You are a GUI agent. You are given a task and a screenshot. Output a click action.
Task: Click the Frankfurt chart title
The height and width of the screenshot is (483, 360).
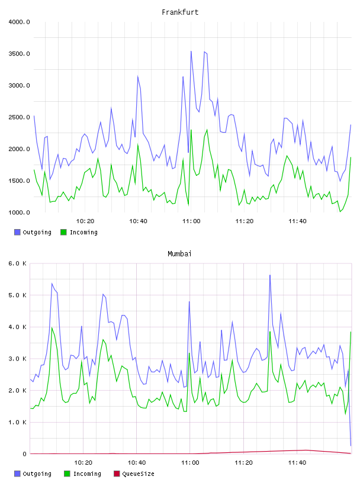tap(180, 12)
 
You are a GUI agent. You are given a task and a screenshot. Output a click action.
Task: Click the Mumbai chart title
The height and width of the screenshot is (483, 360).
tap(179, 254)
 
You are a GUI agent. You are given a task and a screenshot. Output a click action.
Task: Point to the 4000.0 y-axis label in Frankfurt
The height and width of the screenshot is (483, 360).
tap(19, 22)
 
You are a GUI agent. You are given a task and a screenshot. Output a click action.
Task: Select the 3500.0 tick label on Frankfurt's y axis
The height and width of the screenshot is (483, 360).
tap(19, 54)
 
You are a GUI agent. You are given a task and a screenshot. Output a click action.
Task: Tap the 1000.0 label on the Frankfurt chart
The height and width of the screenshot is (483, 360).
tap(19, 212)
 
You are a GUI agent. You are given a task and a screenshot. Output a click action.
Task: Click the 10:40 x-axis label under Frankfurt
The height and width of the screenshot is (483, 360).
tap(138, 221)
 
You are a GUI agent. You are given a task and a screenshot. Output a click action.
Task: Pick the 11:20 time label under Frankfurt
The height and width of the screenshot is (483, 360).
tap(245, 221)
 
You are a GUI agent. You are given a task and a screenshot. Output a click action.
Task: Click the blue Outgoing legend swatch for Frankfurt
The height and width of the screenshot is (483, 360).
tap(17, 232)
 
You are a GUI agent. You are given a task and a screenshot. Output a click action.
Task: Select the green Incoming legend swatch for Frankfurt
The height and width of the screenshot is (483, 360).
tap(63, 232)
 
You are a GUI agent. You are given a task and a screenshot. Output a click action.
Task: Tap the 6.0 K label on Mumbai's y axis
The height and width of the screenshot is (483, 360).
tap(17, 263)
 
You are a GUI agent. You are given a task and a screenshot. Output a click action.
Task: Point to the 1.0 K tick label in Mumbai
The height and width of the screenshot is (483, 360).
tap(17, 422)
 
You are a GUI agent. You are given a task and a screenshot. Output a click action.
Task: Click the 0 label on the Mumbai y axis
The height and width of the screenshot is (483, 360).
tap(24, 454)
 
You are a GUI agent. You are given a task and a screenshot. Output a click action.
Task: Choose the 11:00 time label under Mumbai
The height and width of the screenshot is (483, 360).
tap(190, 463)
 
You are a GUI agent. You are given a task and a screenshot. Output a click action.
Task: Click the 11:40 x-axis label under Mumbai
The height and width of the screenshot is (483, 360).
tap(297, 463)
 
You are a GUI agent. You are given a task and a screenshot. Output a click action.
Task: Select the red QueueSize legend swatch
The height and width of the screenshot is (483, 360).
tap(117, 474)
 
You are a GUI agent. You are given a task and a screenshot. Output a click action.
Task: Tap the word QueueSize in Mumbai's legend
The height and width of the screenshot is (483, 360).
tap(139, 474)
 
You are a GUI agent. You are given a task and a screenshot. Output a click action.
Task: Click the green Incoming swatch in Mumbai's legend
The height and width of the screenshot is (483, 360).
tap(67, 474)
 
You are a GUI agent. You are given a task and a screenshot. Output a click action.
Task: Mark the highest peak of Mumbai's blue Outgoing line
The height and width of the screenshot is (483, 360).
tap(270, 275)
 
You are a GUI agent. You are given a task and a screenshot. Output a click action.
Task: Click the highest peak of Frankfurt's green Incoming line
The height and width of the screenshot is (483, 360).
tap(191, 130)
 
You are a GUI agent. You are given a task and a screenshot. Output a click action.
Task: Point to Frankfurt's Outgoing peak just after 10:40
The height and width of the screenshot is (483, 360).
tap(138, 76)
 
